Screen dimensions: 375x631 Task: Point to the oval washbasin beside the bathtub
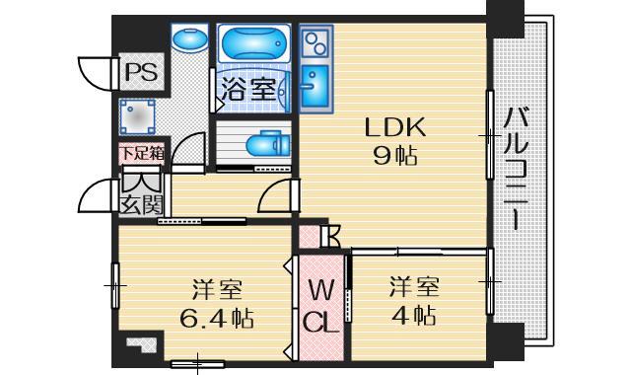(x=186, y=41)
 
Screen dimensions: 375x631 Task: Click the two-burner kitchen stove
(x=317, y=44)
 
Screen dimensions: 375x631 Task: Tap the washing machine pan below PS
(x=139, y=115)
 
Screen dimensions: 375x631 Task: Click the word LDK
(x=394, y=127)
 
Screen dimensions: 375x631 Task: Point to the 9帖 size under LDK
(x=394, y=155)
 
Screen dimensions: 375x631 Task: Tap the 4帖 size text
(x=412, y=316)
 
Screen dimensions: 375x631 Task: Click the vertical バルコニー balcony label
(x=514, y=168)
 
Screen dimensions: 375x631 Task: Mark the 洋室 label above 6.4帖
(x=217, y=290)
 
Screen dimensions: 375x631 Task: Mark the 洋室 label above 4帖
(x=412, y=288)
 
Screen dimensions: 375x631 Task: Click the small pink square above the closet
(x=311, y=237)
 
